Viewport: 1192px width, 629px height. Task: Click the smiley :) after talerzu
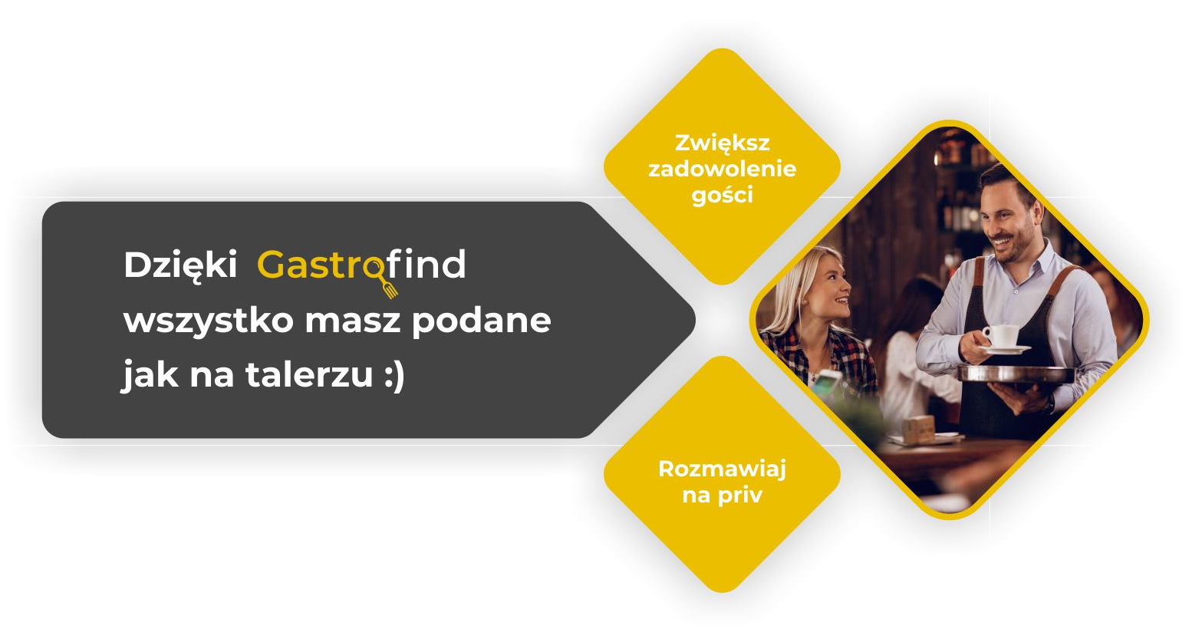point(393,376)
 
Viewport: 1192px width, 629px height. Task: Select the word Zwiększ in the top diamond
point(722,143)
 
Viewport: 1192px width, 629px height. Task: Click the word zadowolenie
point(722,169)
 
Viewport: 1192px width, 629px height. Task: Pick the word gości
point(722,196)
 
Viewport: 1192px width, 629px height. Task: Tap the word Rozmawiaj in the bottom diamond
point(722,469)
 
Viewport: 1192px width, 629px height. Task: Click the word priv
point(739,496)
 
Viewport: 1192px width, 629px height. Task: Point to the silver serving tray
point(1016,374)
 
